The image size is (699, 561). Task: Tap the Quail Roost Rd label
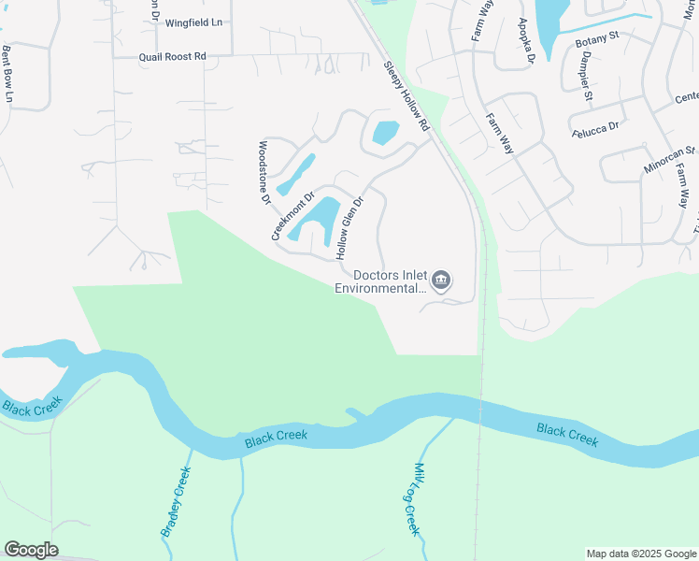tap(172, 57)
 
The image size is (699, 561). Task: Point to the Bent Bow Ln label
tap(8, 73)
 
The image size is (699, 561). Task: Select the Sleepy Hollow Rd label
tap(407, 96)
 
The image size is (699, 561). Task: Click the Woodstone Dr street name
tap(264, 172)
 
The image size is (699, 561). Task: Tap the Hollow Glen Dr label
tap(349, 227)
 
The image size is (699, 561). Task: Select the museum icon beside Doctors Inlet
tap(442, 280)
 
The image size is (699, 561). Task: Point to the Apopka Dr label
tap(525, 40)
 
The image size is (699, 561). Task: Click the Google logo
tap(31, 550)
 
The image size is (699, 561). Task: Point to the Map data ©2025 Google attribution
tap(641, 554)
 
